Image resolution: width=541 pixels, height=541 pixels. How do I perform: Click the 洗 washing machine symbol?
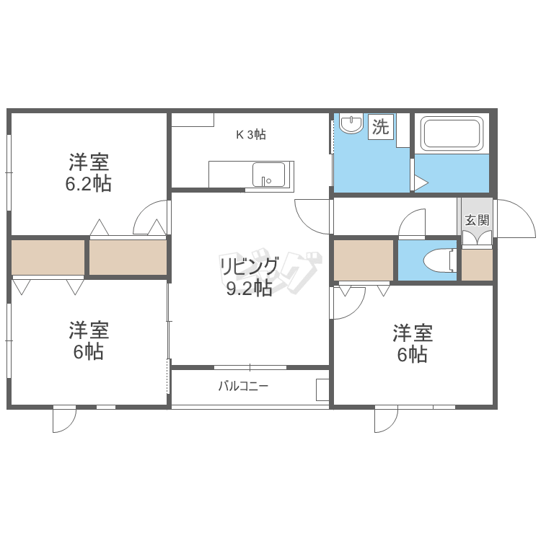381,127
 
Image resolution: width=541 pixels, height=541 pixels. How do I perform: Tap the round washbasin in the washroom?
351,123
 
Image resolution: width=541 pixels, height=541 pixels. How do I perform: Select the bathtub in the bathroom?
452,133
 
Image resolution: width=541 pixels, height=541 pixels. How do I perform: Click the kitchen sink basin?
269,175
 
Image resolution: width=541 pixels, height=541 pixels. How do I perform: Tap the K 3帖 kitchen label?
251,135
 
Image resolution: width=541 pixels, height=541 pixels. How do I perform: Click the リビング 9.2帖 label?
249,277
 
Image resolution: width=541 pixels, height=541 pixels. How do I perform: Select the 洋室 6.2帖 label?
89,172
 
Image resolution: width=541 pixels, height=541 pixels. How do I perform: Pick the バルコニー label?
243,386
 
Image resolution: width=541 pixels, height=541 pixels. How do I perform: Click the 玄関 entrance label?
478,220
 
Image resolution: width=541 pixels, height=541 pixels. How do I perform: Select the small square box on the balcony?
322,390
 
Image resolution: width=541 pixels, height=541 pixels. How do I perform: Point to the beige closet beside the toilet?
364,260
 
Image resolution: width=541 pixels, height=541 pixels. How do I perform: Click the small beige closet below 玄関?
478,265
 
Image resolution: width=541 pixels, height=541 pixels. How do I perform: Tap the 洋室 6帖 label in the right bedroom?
413,343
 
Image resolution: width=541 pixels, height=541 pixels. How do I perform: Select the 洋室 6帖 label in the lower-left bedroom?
89,340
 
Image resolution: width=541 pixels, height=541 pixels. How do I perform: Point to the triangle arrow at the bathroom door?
421,183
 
